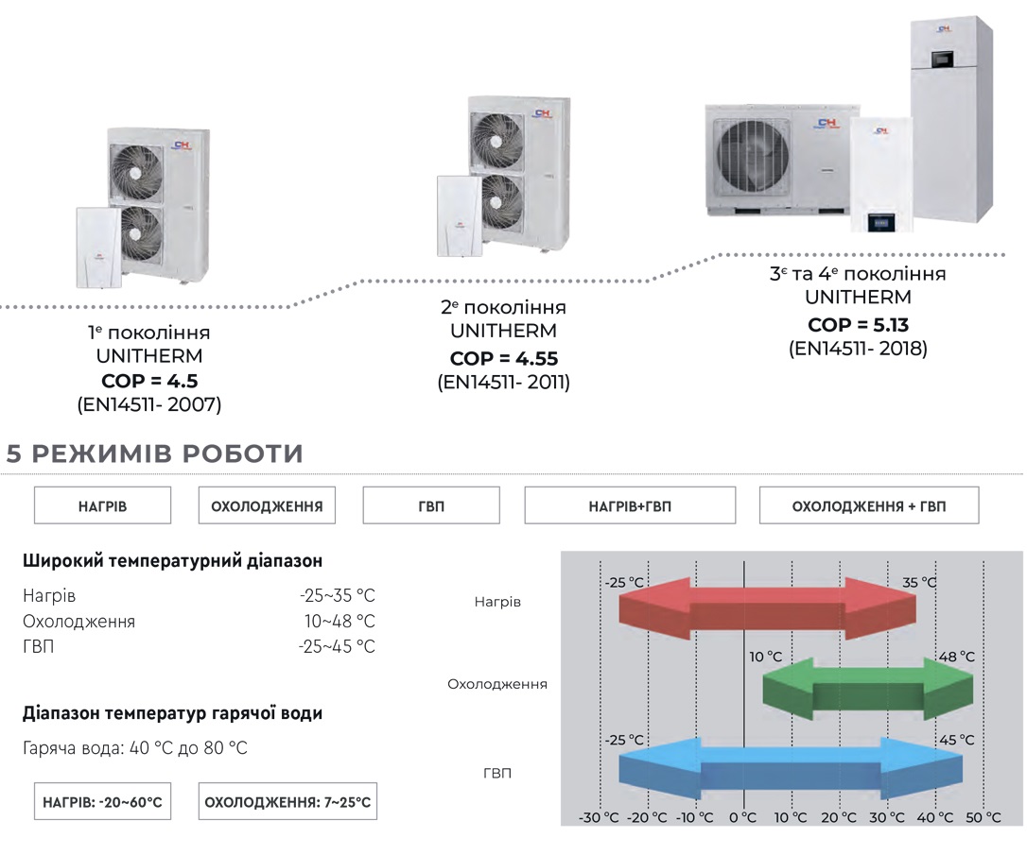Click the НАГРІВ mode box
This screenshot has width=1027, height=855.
tap(102, 505)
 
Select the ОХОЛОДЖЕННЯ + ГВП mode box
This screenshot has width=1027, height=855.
tap(868, 505)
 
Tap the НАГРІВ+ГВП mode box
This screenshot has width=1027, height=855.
tap(630, 505)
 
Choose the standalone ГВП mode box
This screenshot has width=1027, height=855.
tap(431, 505)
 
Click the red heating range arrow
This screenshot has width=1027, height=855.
tap(767, 608)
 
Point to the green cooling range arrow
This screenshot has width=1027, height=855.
tap(868, 689)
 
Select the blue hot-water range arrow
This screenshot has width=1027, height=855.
tap(791, 769)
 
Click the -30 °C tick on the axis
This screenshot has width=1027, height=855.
tap(599, 818)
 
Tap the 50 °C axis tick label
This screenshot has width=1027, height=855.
tap(983, 818)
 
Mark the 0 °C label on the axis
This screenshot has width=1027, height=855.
tap(742, 818)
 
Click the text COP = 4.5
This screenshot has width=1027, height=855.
tap(149, 381)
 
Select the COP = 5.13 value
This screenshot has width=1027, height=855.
tap(858, 324)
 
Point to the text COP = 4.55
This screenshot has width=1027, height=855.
tap(504, 358)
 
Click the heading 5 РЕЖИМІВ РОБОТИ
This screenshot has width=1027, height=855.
tap(154, 453)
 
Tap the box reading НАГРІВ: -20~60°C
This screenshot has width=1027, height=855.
tap(102, 801)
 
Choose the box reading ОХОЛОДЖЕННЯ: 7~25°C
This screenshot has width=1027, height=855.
tap(287, 801)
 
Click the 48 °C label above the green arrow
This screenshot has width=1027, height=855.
tap(957, 657)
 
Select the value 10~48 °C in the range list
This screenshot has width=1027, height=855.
tap(339, 621)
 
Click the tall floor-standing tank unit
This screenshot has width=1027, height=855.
tap(951, 121)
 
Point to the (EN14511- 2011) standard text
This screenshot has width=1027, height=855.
tap(504, 382)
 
